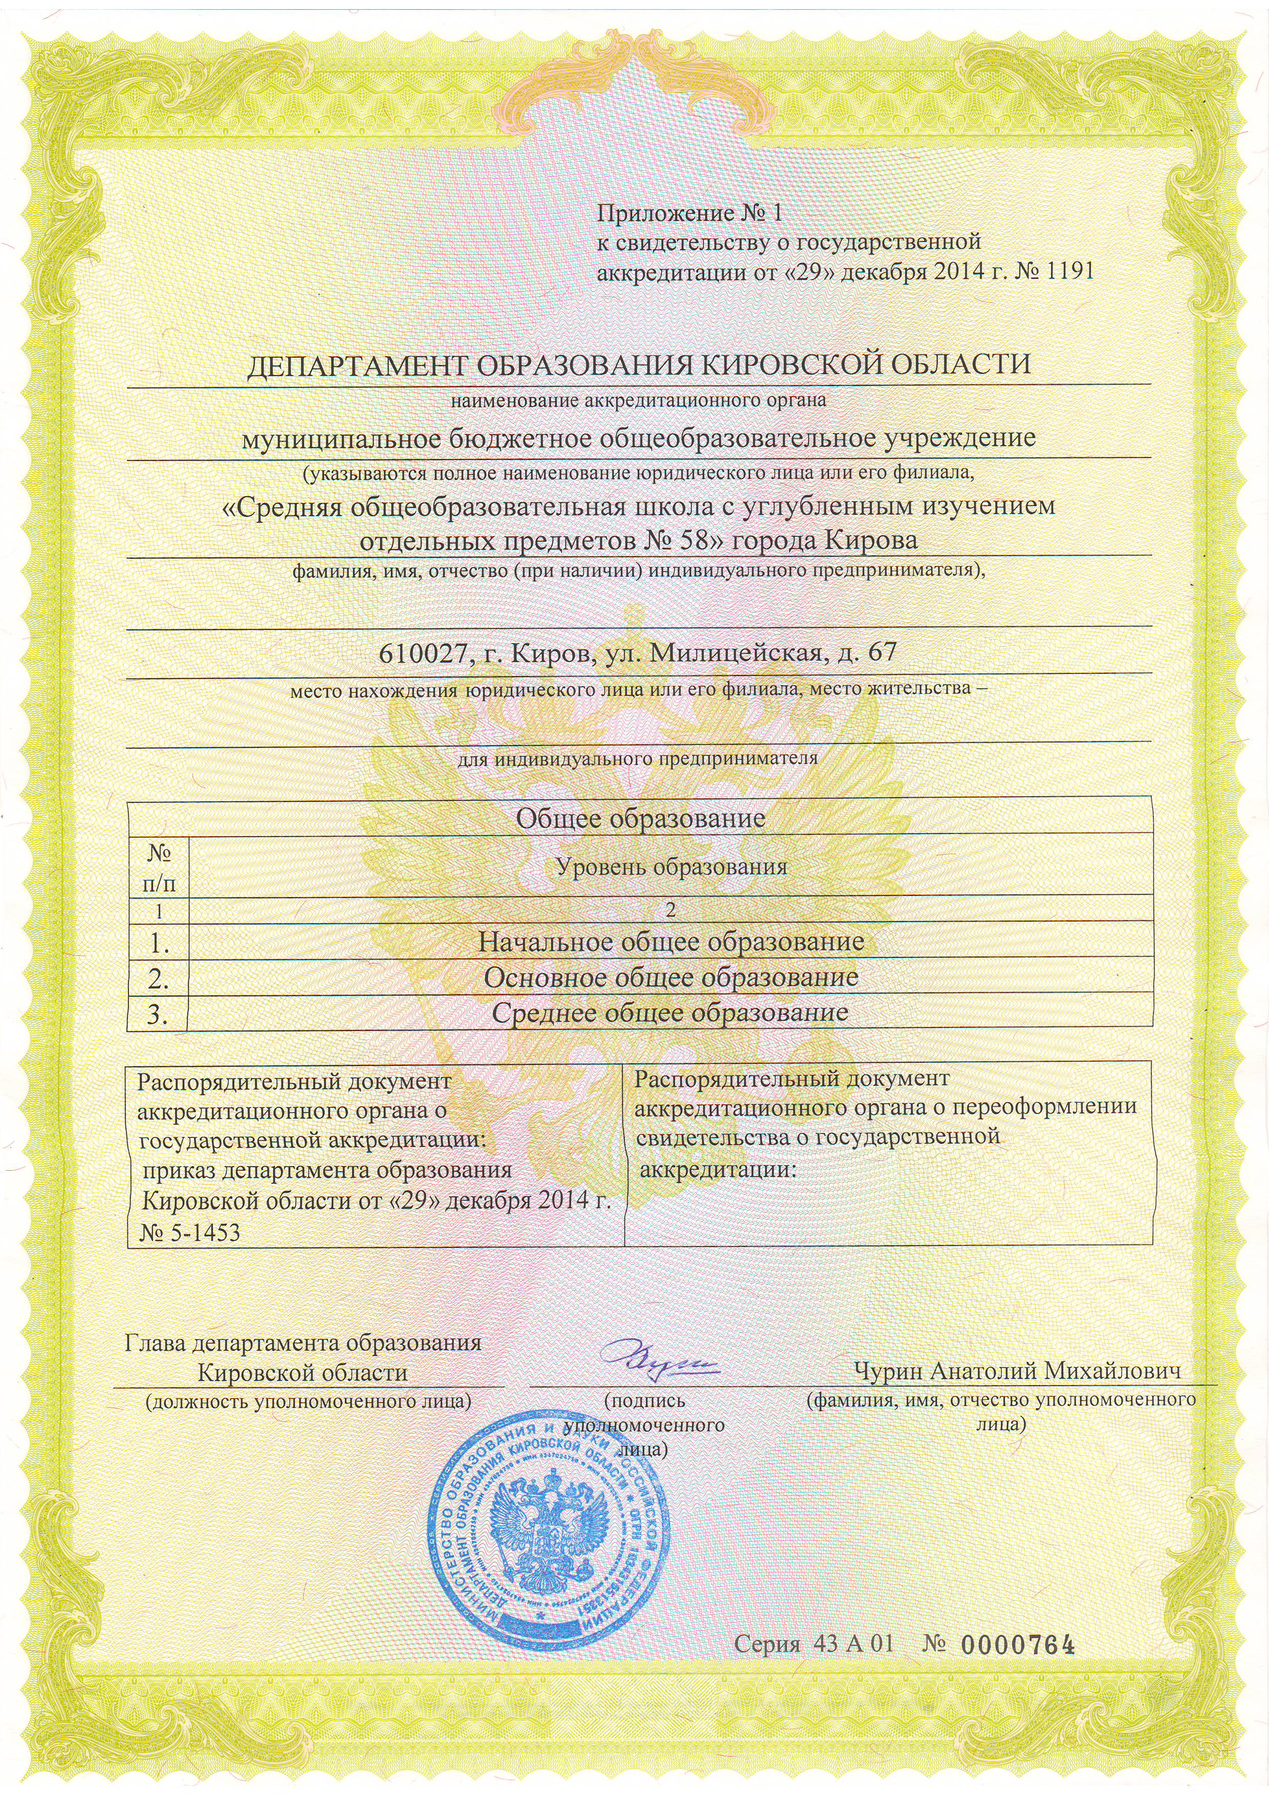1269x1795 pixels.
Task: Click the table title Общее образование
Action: (x=640, y=819)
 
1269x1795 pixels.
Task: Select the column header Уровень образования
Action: (x=670, y=866)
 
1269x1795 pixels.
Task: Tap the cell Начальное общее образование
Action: (x=671, y=942)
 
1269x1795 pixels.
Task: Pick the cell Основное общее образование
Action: (x=671, y=977)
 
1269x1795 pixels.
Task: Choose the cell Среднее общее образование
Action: (x=671, y=1013)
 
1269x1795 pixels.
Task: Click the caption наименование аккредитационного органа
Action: (x=639, y=402)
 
